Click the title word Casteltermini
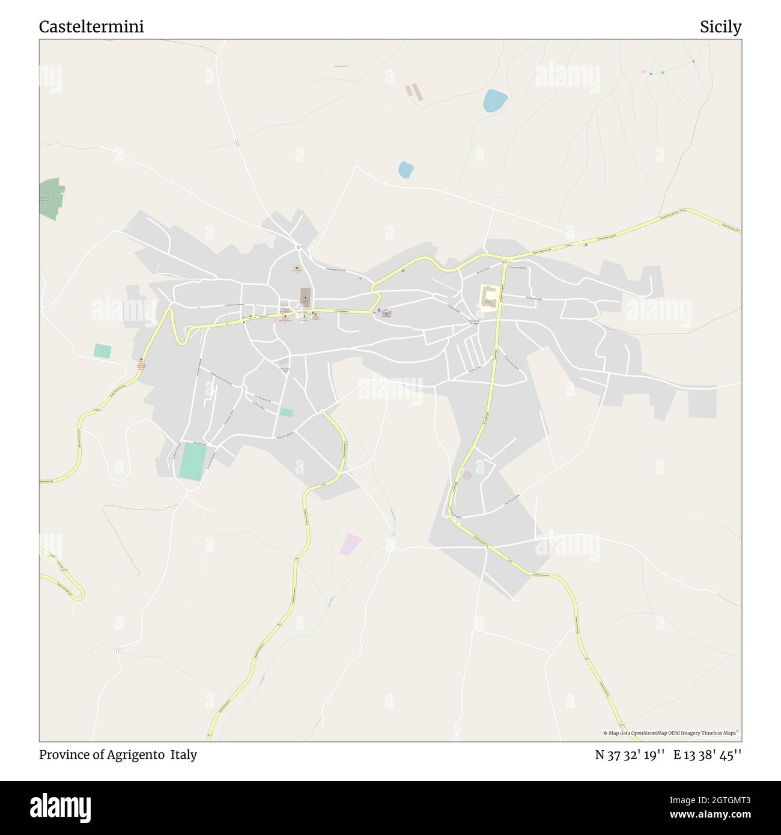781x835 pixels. click(x=91, y=27)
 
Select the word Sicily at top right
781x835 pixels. click(x=720, y=27)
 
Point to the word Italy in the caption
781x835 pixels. click(x=184, y=755)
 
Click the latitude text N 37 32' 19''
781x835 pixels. click(x=630, y=755)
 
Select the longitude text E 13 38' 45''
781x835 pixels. click(x=708, y=755)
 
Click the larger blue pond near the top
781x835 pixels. click(x=495, y=100)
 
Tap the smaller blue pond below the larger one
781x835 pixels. click(x=406, y=170)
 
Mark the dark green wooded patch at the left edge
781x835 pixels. click(x=52, y=198)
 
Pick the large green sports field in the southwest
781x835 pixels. click(x=193, y=461)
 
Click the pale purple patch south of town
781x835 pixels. click(x=351, y=544)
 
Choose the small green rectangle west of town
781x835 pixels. click(x=103, y=351)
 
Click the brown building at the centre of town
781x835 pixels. click(x=305, y=297)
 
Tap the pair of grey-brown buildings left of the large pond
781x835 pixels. click(x=414, y=92)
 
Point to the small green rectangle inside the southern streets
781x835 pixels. click(x=287, y=413)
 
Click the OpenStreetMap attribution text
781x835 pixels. click(x=671, y=733)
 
